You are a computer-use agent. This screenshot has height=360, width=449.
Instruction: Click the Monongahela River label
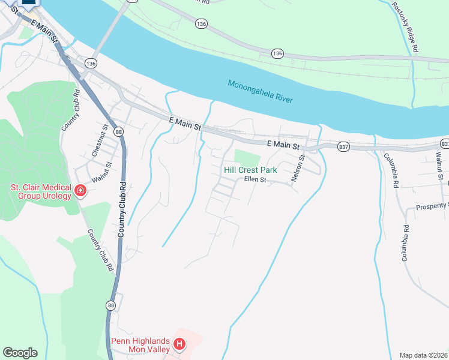pos(260,91)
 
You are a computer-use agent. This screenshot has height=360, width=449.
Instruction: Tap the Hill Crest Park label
pos(250,170)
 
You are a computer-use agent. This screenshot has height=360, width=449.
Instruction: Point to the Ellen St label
pos(255,179)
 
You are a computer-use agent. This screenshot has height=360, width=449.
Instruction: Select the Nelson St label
pos(295,168)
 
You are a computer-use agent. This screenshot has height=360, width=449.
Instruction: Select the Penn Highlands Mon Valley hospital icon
pos(179,344)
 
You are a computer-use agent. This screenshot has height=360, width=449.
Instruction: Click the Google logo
pos(20,353)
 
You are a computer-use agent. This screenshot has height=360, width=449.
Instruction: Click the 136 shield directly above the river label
pos(277,53)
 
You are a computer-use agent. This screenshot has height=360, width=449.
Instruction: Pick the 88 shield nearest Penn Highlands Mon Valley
pos(111,305)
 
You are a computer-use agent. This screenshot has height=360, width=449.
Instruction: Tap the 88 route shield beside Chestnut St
pos(119,132)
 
